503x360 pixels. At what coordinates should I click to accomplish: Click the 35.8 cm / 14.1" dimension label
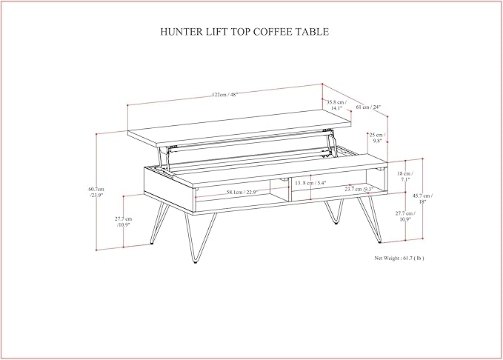pos(337,104)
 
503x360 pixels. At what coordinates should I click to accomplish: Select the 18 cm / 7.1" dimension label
pos(405,176)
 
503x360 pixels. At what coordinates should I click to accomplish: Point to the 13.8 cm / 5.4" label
pos(310,182)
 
